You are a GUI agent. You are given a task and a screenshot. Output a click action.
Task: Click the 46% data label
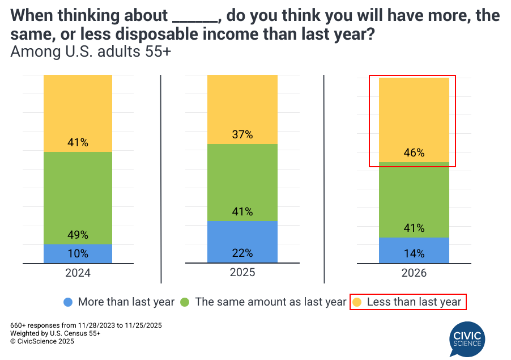(414, 153)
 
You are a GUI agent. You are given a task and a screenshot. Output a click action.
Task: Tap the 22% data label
(242, 253)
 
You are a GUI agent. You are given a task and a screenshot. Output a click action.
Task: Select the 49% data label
(78, 235)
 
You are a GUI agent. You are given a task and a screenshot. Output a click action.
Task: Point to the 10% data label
(78, 253)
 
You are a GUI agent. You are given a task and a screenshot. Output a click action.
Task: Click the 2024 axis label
(78, 273)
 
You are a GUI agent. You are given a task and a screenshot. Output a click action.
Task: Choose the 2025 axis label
(242, 272)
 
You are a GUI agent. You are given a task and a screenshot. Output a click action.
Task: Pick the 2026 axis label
(414, 273)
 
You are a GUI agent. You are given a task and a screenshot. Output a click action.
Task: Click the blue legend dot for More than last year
(69, 302)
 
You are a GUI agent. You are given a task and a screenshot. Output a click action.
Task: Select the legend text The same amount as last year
(270, 302)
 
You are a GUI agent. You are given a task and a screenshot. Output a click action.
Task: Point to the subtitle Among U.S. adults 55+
(91, 53)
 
